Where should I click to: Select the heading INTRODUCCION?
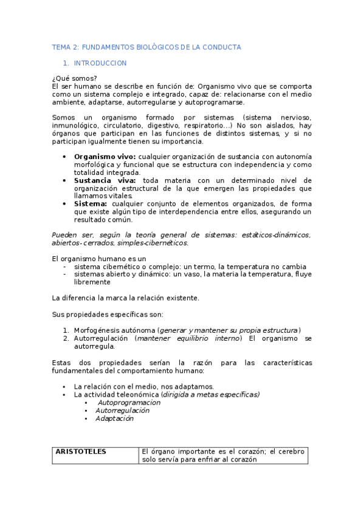click(x=100, y=63)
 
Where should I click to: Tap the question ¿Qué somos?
click(x=75, y=78)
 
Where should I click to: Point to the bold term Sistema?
click(x=91, y=204)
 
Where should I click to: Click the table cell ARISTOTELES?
click(x=81, y=451)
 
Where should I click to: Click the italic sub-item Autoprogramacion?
click(x=129, y=402)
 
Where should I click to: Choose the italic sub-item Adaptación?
click(x=114, y=418)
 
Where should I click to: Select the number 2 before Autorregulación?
click(x=66, y=338)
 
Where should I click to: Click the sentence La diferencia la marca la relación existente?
click(x=126, y=298)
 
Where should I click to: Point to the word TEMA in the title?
click(x=61, y=47)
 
